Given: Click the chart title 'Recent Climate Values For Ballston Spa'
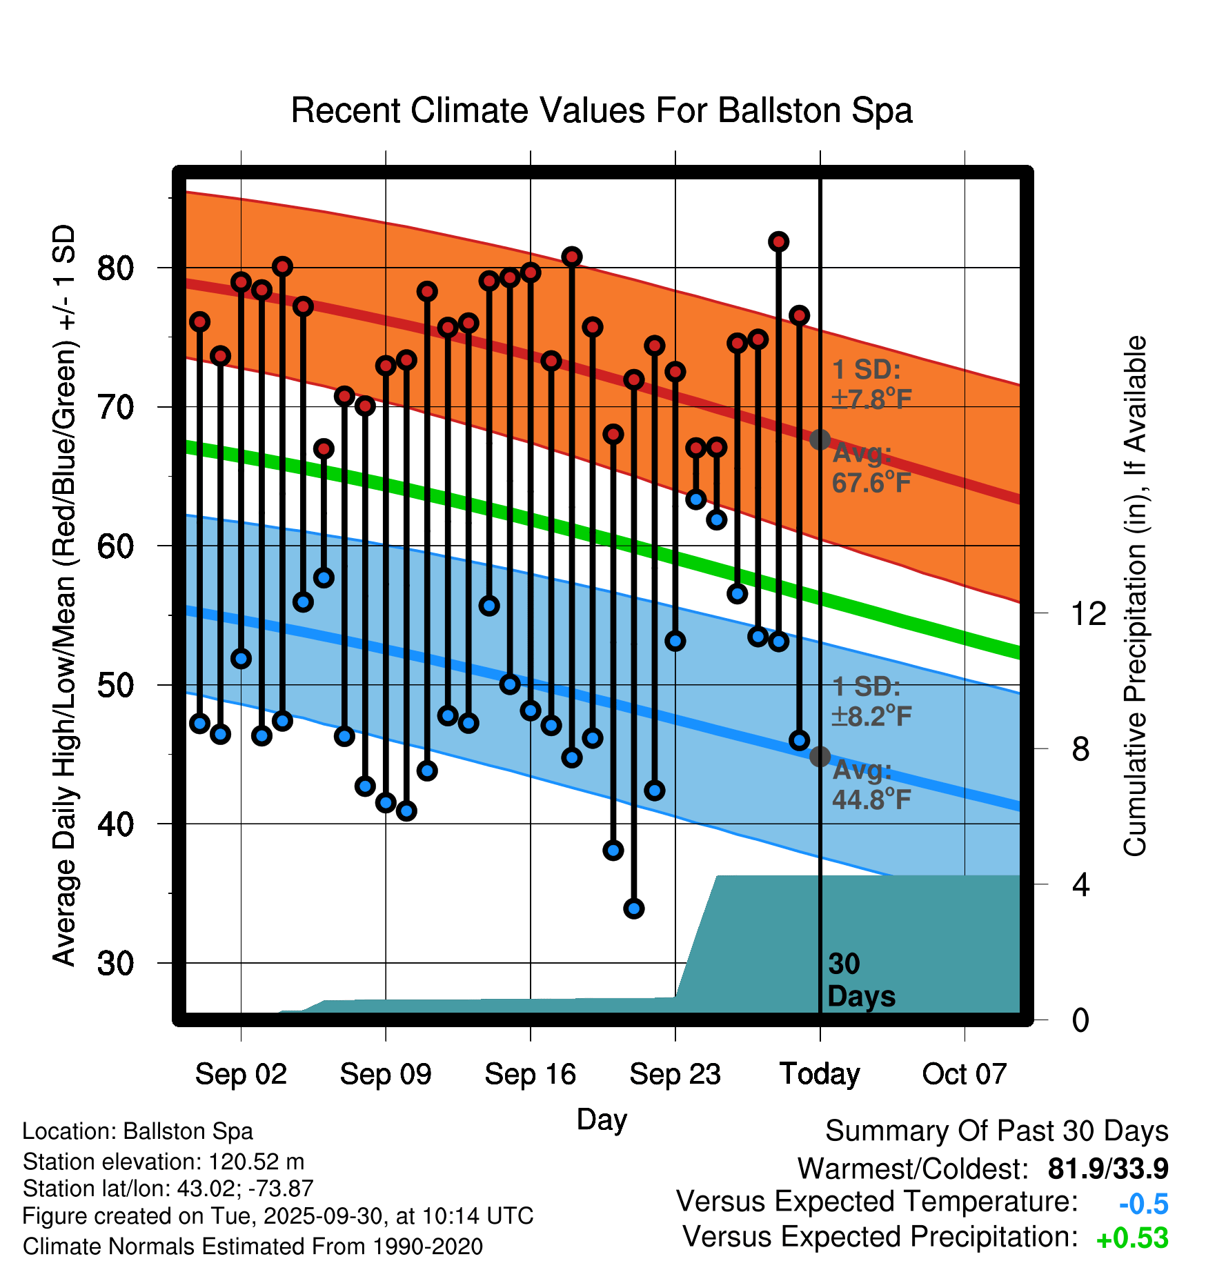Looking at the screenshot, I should pyautogui.click(x=602, y=110).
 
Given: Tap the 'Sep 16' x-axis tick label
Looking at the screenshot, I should pyautogui.click(x=530, y=1074).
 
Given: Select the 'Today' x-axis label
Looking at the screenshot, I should pyautogui.click(x=820, y=1074).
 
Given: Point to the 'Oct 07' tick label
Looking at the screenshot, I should pyautogui.click(x=965, y=1074).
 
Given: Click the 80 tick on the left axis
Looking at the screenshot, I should pyautogui.click(x=115, y=268).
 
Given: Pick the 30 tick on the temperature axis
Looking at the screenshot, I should pyautogui.click(x=115, y=963).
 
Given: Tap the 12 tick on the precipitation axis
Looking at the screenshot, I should pyautogui.click(x=1089, y=613).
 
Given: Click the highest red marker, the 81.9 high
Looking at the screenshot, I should pyautogui.click(x=778, y=241).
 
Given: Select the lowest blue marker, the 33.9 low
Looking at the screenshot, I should pyautogui.click(x=633, y=908).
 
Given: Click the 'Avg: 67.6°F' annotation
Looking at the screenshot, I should pyautogui.click(x=871, y=468).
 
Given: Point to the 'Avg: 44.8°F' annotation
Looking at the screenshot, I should pyautogui.click(x=871, y=784).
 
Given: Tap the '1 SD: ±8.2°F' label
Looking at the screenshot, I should pyautogui.click(x=871, y=702).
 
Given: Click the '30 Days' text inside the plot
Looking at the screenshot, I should pyautogui.click(x=860, y=980).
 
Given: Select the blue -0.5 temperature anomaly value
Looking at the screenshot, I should pyautogui.click(x=1143, y=1204).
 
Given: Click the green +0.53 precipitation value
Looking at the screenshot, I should pyautogui.click(x=1132, y=1238).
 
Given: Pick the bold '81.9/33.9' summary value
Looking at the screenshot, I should pyautogui.click(x=1108, y=1169).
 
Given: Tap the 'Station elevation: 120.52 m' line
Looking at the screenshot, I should pyautogui.click(x=164, y=1162).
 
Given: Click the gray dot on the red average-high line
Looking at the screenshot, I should pyautogui.click(x=820, y=439).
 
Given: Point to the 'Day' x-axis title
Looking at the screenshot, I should pyautogui.click(x=602, y=1119).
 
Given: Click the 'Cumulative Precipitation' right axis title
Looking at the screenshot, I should pyautogui.click(x=1135, y=596).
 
